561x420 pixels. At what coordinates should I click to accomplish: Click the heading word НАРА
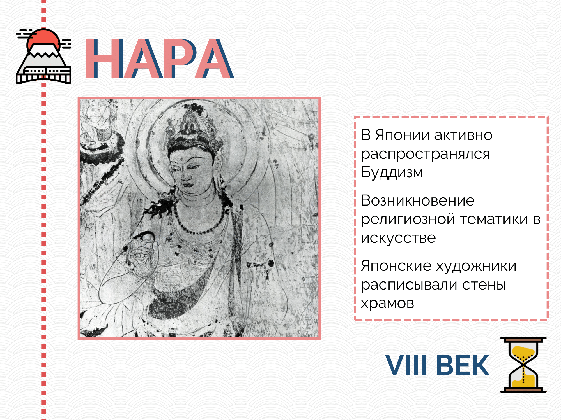click(x=159, y=59)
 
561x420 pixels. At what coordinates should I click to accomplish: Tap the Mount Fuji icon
click(x=43, y=56)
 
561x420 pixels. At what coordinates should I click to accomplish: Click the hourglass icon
click(x=523, y=365)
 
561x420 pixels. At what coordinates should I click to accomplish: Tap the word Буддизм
click(x=392, y=172)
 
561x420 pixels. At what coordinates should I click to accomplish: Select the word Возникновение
click(x=418, y=200)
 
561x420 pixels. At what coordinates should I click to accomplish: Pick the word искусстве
click(x=398, y=238)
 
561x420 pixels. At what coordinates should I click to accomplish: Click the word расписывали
click(x=409, y=285)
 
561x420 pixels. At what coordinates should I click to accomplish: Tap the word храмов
click(x=387, y=303)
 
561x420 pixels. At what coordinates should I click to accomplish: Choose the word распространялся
click(x=425, y=154)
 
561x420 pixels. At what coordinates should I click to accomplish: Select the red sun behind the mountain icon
click(x=43, y=39)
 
